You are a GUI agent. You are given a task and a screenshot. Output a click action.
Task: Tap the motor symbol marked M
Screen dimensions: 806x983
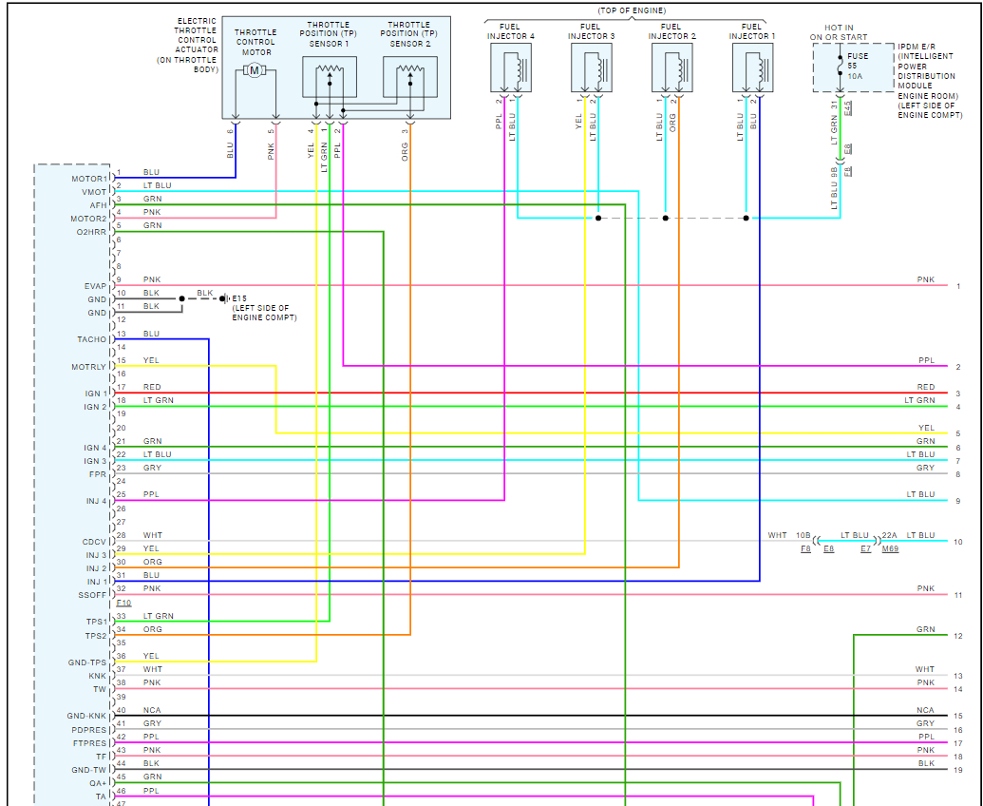[x=254, y=71]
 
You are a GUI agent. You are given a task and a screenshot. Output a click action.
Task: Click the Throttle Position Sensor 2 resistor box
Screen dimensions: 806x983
[x=410, y=76]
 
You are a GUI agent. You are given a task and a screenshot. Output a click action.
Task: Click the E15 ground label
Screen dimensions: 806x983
[x=239, y=298]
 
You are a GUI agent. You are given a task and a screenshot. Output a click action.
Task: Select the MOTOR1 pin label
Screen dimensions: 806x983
[x=88, y=179]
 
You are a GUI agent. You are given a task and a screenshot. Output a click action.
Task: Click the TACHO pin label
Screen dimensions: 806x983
[x=92, y=339]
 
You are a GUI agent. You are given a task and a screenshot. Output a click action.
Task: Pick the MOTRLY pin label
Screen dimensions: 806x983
[x=88, y=367]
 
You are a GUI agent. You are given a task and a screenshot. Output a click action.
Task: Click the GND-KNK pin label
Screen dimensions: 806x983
[x=86, y=716]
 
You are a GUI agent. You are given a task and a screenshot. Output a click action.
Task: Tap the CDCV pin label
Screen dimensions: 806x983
[x=94, y=542]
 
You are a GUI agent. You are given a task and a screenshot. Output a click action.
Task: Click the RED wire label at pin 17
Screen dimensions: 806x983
[x=152, y=387]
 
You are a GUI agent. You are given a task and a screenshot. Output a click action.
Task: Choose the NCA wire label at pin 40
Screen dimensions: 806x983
[x=152, y=710]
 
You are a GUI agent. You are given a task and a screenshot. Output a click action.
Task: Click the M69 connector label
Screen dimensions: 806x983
[x=890, y=549]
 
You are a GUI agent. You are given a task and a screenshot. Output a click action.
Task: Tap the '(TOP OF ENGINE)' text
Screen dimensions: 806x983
[x=625, y=10]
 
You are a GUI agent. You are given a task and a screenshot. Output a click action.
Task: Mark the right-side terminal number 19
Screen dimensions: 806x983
[x=958, y=770]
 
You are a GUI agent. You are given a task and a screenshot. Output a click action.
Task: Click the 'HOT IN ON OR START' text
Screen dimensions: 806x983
[x=840, y=32]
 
